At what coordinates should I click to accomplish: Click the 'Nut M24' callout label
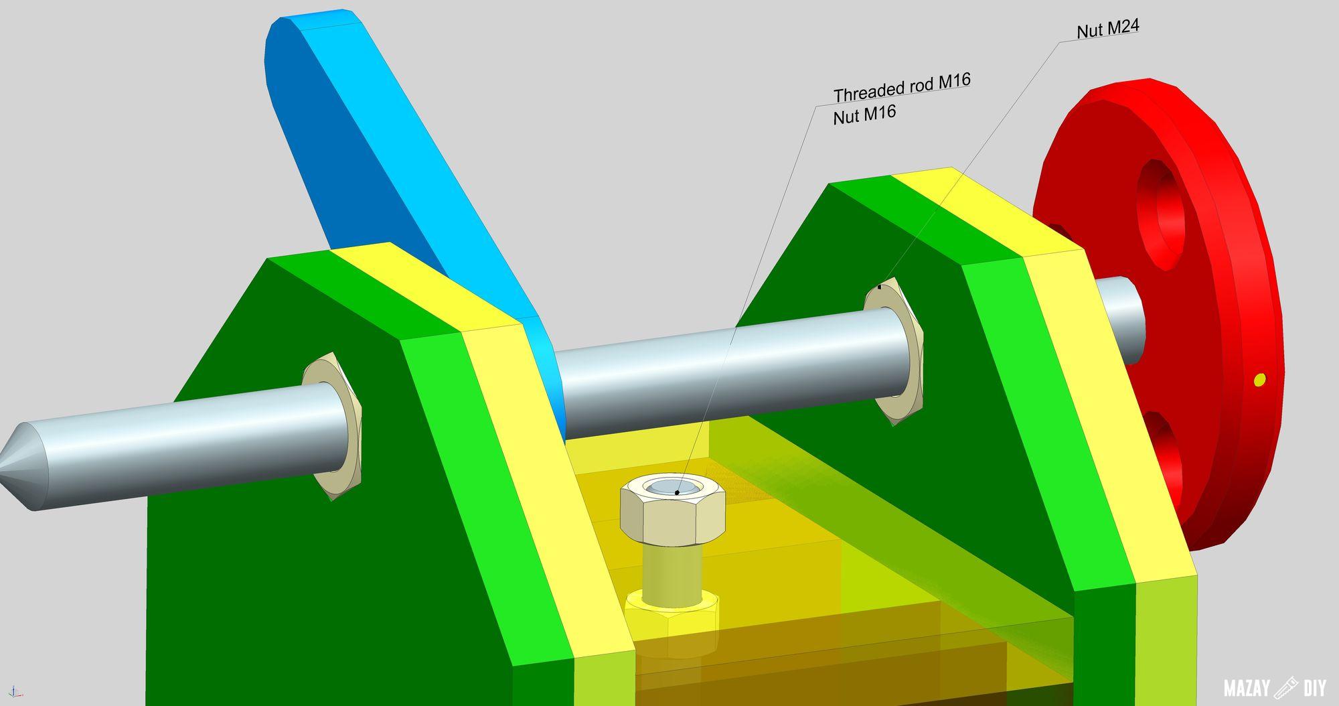click(1107, 29)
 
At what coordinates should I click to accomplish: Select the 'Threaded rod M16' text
click(902, 87)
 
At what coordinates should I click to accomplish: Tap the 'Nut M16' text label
click(864, 115)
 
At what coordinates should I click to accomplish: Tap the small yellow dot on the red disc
click(1259, 380)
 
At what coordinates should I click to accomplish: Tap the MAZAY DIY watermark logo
click(1274, 687)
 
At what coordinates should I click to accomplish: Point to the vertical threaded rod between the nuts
click(672, 569)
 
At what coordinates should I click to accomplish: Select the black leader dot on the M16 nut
click(677, 492)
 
